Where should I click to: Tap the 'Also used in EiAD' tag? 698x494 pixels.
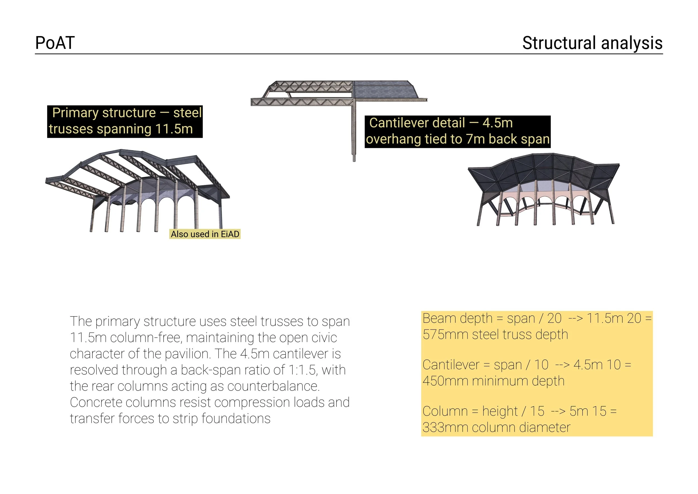205,234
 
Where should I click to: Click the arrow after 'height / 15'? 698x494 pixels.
558,412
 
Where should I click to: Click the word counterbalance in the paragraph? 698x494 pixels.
273,386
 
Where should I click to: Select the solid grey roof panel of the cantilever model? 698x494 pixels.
386,90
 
